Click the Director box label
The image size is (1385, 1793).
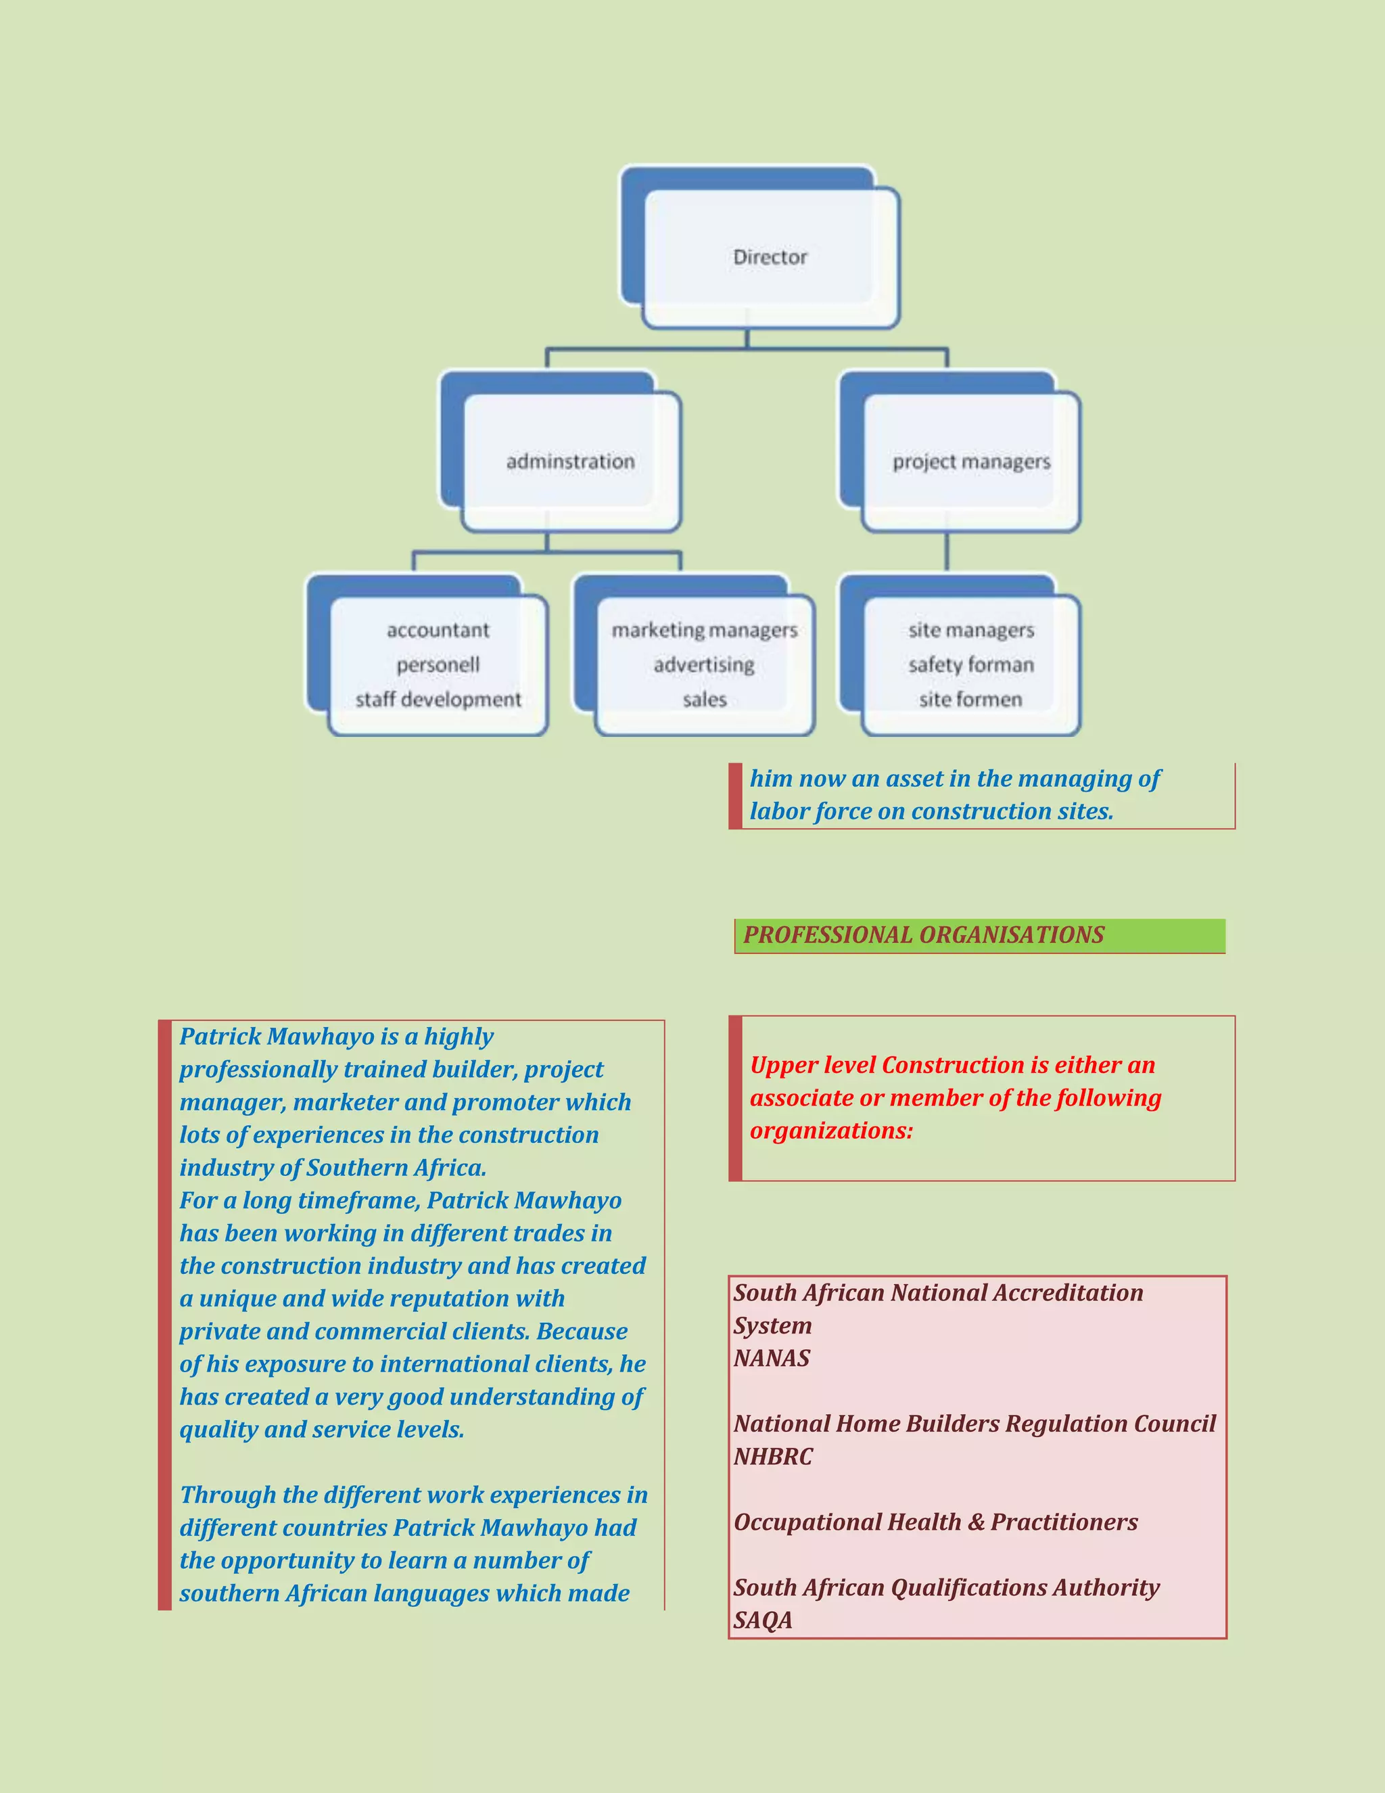pos(770,257)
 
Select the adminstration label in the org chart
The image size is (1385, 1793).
pos(570,461)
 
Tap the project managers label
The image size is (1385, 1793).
pos(970,462)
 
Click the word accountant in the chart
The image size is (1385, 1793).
pos(438,630)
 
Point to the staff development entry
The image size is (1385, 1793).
pos(438,700)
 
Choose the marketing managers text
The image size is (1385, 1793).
pos(704,630)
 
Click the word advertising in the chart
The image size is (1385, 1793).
pos(704,664)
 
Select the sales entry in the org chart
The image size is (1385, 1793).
pos(704,700)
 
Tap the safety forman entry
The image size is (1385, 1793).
pos(970,664)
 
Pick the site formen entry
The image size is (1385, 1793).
pos(970,700)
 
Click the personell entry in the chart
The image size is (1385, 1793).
pos(438,664)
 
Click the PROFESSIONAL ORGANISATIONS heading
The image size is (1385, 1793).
pos(923,935)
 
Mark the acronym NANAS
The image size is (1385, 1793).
pos(771,1359)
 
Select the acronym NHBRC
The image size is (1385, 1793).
pos(773,1457)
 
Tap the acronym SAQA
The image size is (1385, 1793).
pos(763,1620)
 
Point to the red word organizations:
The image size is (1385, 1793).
pos(831,1131)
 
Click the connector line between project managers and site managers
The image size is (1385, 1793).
pos(947,551)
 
